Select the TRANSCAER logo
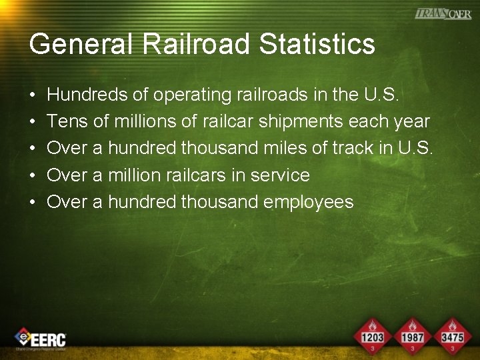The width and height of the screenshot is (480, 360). [443, 13]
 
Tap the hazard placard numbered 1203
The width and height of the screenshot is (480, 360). [372, 335]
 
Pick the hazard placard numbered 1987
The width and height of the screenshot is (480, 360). [413, 335]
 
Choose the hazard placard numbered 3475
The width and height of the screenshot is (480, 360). [452, 335]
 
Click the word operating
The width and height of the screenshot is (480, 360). [192, 96]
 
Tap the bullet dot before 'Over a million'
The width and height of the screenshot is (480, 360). [33, 176]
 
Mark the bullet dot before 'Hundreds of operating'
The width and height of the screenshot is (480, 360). [33, 96]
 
